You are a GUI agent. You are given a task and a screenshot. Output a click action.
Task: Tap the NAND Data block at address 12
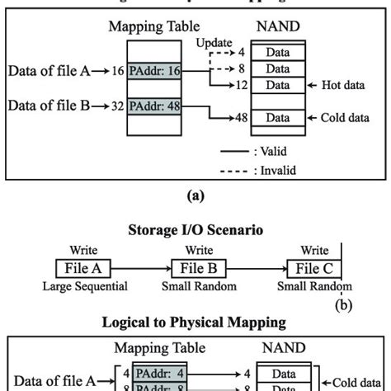point(276,85)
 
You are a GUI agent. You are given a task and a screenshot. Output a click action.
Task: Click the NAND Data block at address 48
point(276,119)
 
